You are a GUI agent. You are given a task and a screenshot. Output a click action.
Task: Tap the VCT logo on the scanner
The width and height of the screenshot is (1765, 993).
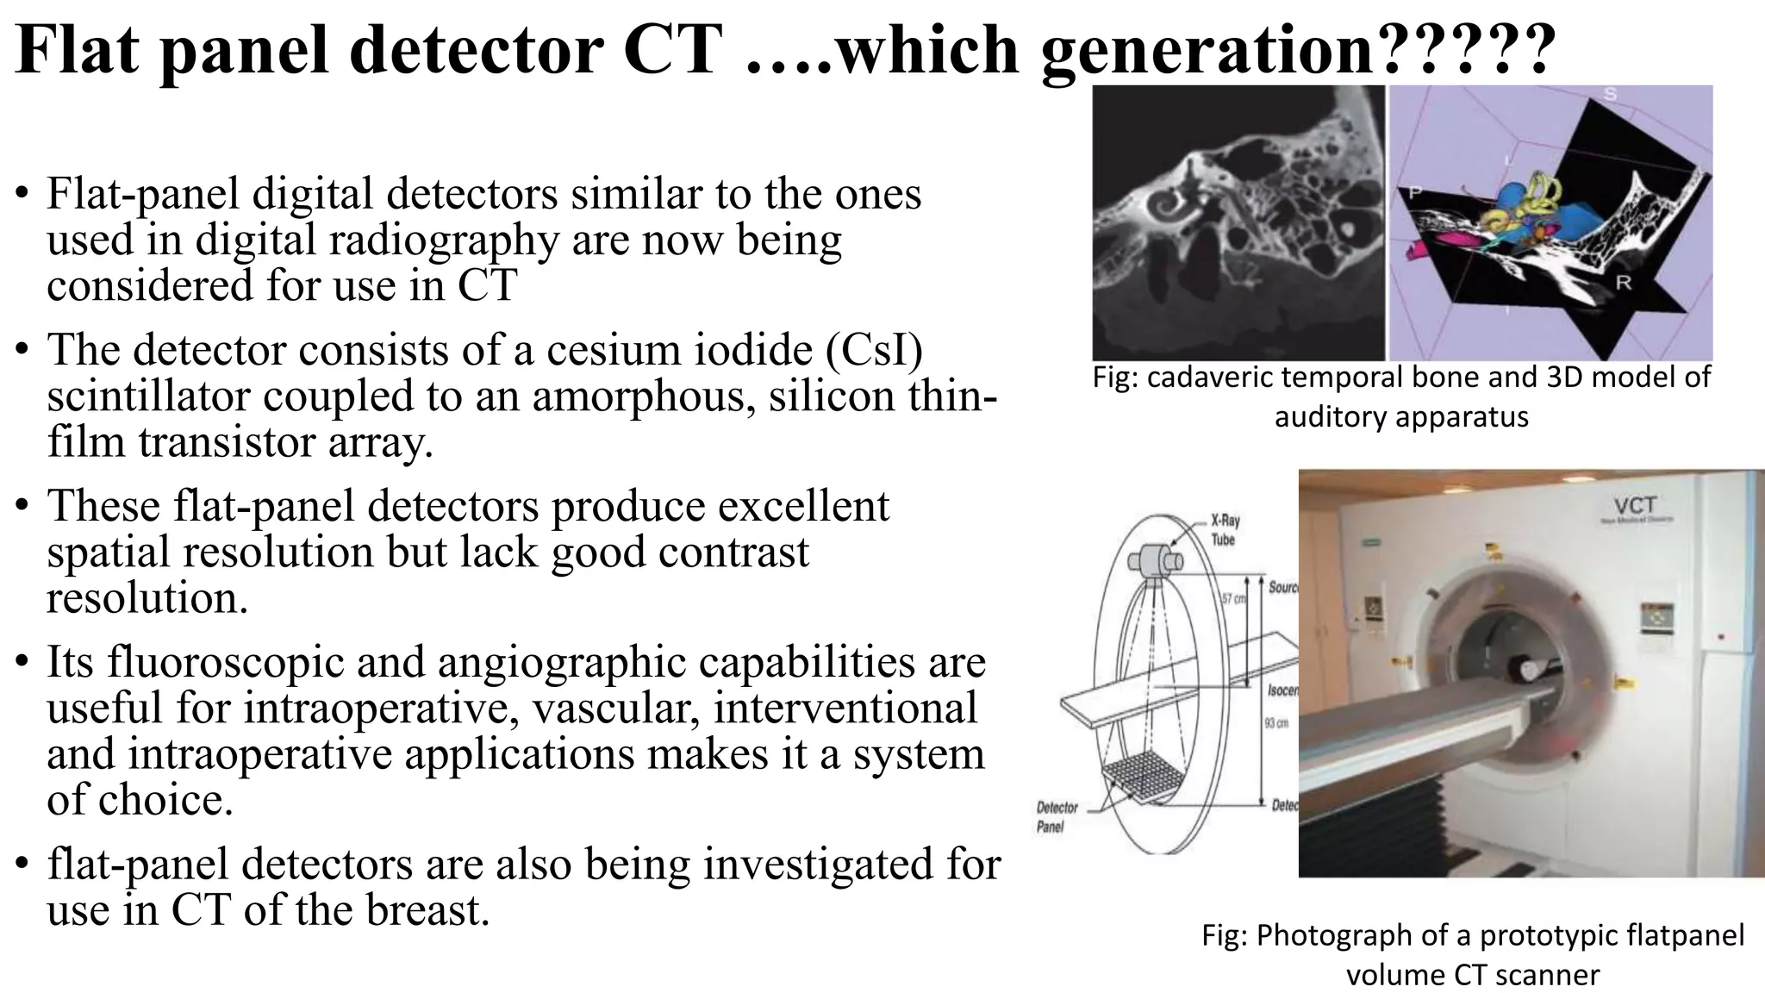point(1635,506)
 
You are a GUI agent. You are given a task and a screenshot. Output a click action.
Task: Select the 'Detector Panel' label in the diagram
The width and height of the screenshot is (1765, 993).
point(1056,816)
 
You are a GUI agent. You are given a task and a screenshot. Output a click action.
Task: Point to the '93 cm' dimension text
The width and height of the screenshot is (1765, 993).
point(1276,722)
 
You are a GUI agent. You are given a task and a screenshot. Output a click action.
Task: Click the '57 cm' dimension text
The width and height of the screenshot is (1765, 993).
point(1234,598)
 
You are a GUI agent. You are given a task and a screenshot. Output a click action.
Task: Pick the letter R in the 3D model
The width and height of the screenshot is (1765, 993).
point(1623,284)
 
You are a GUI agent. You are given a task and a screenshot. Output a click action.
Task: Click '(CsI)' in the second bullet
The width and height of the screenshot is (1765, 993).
point(873,350)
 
